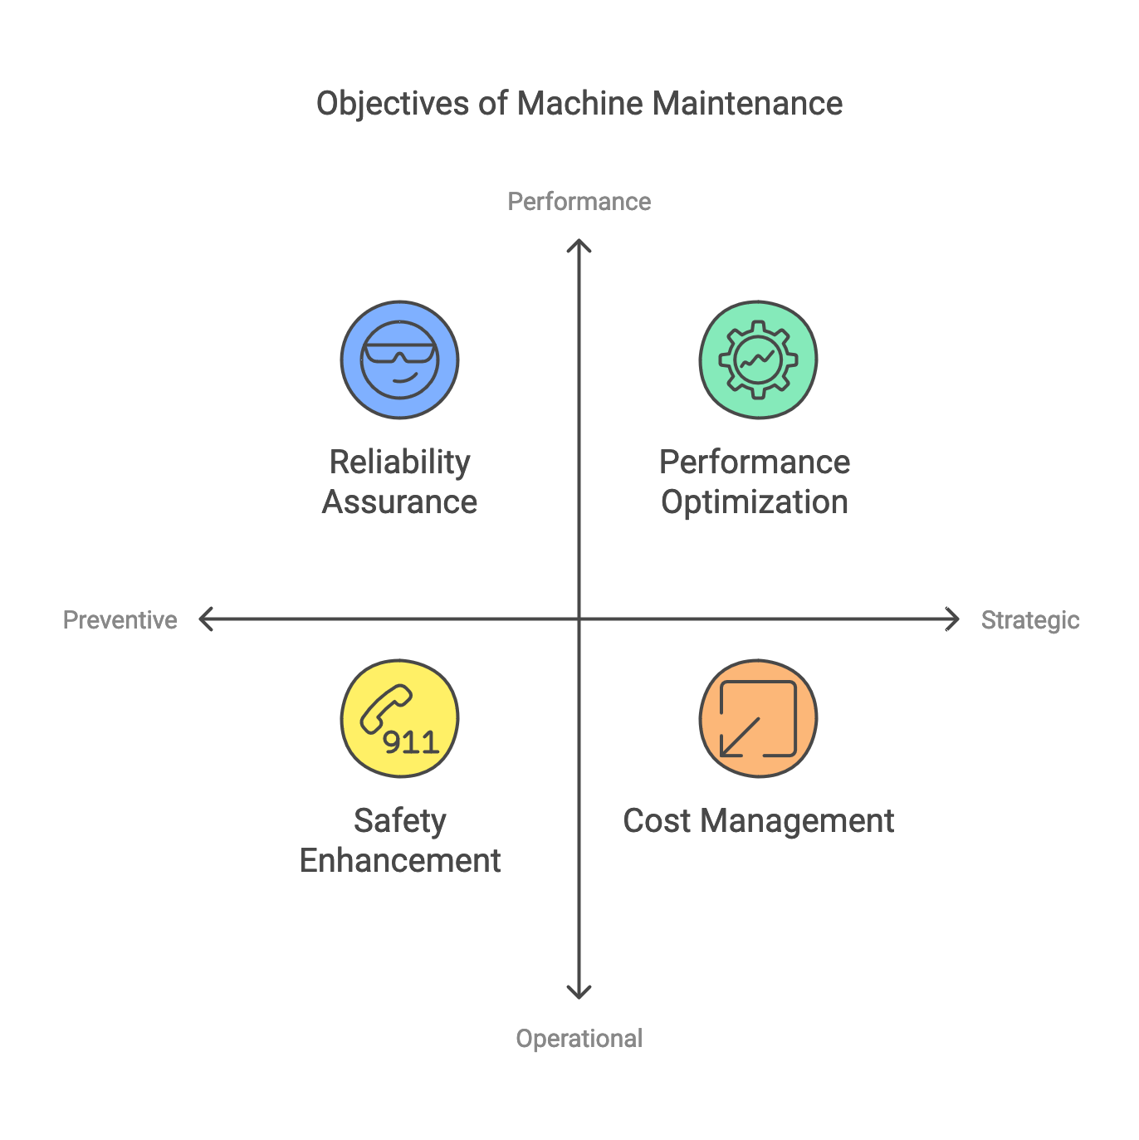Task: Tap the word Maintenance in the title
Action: pyautogui.click(x=747, y=104)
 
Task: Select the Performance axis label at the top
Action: pyautogui.click(x=579, y=202)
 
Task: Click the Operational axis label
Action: pyautogui.click(x=579, y=1039)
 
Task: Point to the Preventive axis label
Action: pyautogui.click(x=120, y=620)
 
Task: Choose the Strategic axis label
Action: pyautogui.click(x=1029, y=620)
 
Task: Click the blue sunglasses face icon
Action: pyautogui.click(x=399, y=360)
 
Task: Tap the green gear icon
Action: pyautogui.click(x=758, y=360)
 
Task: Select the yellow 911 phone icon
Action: pyautogui.click(x=399, y=718)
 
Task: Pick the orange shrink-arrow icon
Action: pyautogui.click(x=758, y=718)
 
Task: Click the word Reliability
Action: pyautogui.click(x=399, y=462)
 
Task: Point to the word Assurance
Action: pyautogui.click(x=399, y=502)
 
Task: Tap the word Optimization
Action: pyautogui.click(x=755, y=502)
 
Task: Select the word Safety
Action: pyautogui.click(x=399, y=821)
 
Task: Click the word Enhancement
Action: pyautogui.click(x=399, y=861)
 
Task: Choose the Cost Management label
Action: pyautogui.click(x=758, y=821)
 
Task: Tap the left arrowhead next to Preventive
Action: pyautogui.click(x=203, y=619)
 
